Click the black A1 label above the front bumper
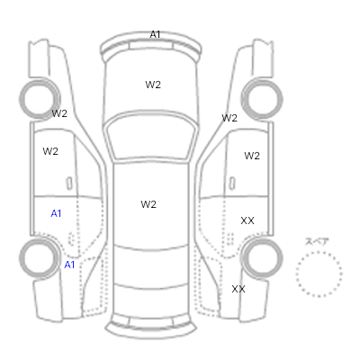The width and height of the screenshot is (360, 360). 155,34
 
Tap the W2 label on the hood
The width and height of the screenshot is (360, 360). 153,85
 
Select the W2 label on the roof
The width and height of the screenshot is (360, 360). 148,204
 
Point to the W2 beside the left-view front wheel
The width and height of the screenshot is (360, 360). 59,113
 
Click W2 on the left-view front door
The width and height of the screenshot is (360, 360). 50,151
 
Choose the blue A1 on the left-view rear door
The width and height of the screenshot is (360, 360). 56,213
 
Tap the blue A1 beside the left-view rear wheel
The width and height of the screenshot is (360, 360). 69,265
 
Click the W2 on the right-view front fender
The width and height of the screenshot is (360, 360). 229,118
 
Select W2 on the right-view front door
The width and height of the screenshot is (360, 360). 252,156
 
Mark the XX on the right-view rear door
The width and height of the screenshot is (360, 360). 247,220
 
